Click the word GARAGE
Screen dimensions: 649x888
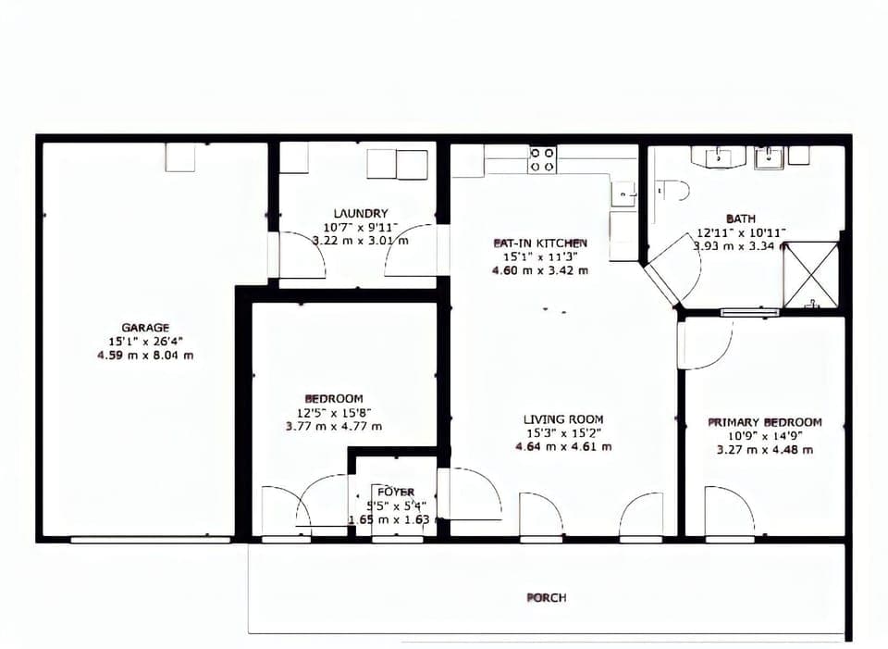tap(145, 327)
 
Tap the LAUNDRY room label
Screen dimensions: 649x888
tap(361, 213)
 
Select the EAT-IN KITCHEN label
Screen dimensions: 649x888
tap(539, 243)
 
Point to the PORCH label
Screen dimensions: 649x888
tap(547, 598)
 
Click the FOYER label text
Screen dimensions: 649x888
tap(396, 492)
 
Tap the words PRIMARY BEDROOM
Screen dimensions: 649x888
tap(764, 422)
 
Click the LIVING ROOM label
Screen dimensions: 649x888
tap(563, 419)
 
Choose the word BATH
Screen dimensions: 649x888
tap(740, 218)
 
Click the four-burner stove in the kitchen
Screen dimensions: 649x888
tap(542, 160)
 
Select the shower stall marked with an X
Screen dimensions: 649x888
tap(810, 274)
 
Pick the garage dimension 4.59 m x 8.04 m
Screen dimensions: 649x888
tap(145, 355)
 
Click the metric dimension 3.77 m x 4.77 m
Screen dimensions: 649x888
tap(333, 427)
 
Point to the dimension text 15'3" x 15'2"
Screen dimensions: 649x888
tap(563, 433)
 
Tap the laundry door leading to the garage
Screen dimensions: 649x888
tap(298, 256)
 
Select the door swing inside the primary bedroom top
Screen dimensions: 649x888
tap(705, 343)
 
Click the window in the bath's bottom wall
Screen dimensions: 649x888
tap(749, 312)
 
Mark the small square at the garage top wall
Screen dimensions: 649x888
tap(180, 157)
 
